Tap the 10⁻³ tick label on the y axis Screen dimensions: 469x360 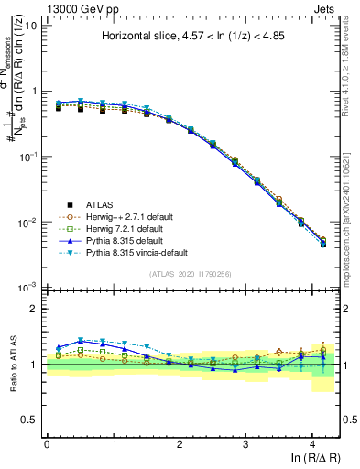[28, 287]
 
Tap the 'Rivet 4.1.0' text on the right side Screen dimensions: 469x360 [349, 55]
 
